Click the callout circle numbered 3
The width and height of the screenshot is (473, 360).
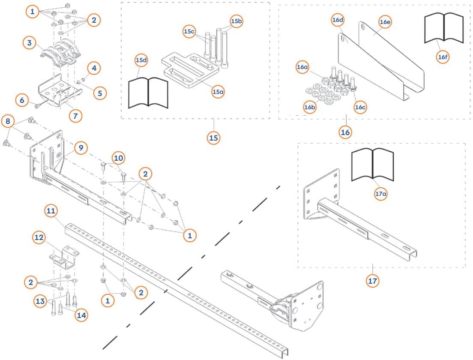[x=29, y=43]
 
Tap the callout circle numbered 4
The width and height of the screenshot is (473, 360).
[x=94, y=68]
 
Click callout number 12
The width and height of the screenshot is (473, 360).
[x=39, y=237]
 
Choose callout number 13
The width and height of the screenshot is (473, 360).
[x=40, y=301]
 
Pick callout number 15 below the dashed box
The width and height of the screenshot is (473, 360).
[x=213, y=138]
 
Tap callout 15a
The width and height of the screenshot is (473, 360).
[x=218, y=92]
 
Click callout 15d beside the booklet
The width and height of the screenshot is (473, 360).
[x=141, y=60]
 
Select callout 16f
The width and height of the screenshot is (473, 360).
[x=443, y=57]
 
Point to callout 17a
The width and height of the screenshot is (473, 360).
[x=381, y=194]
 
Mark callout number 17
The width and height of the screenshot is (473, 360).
[x=373, y=281]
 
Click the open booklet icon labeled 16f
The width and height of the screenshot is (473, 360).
[x=443, y=28]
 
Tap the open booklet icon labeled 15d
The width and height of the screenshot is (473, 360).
[x=148, y=92]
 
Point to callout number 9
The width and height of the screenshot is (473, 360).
[x=80, y=148]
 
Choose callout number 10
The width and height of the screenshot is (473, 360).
[x=119, y=158]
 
